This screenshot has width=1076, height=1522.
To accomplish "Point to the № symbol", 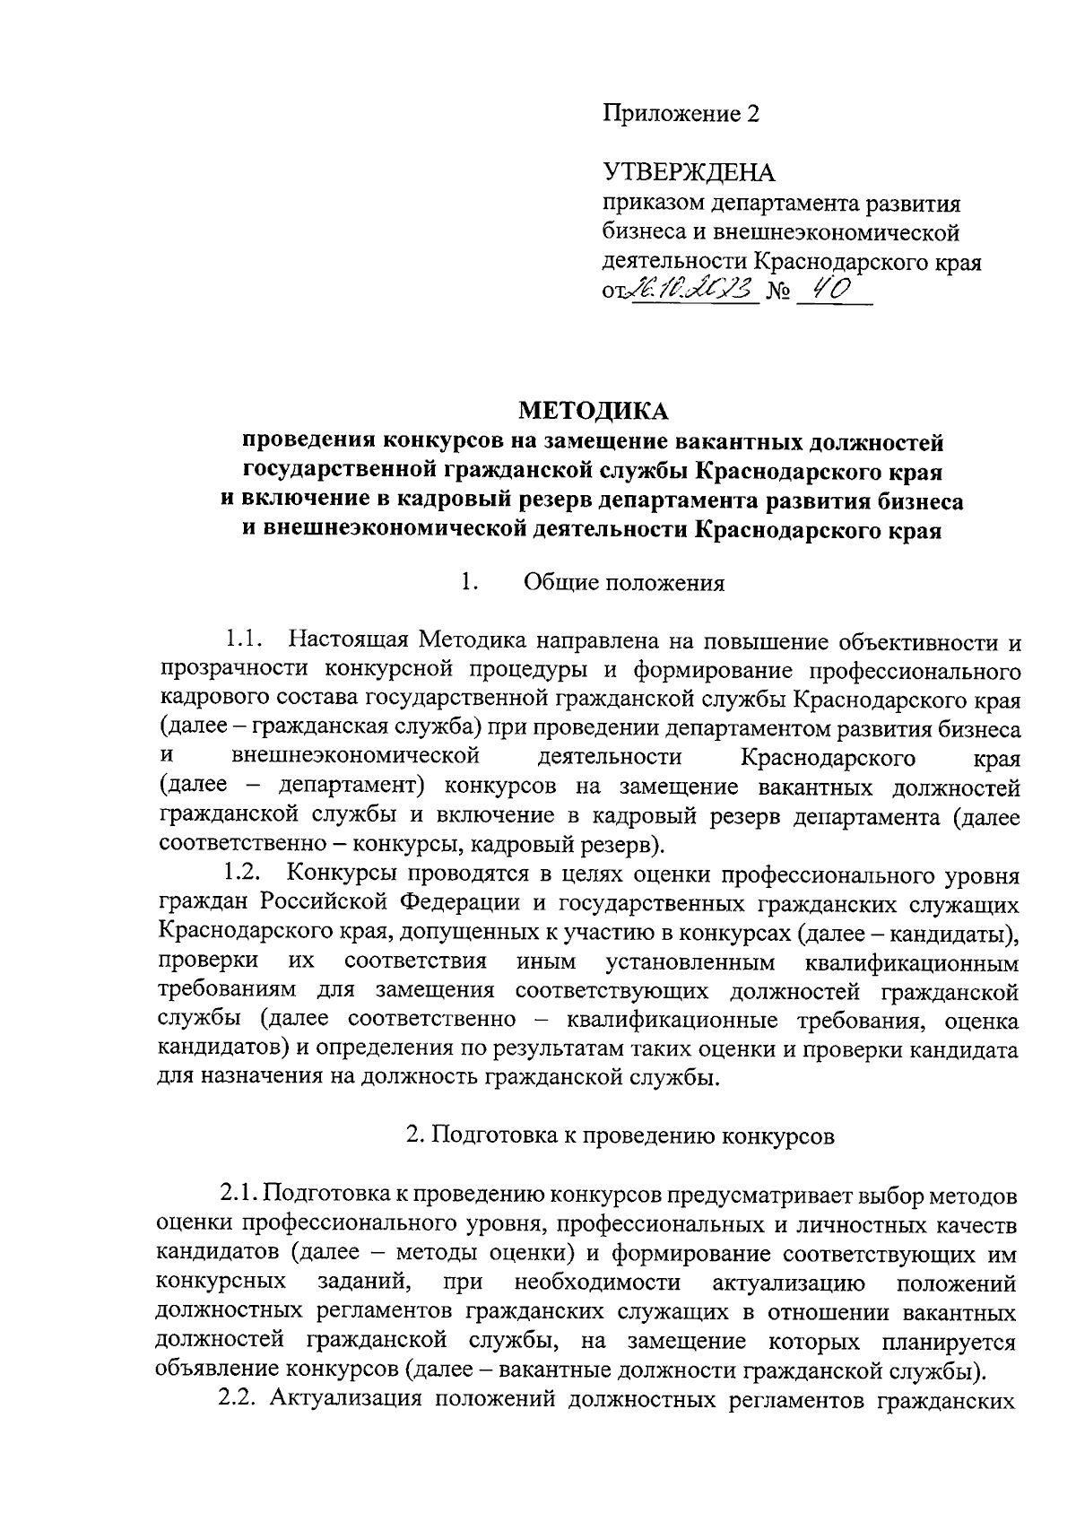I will click(x=777, y=293).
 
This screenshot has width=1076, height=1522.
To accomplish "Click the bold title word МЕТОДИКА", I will click(x=594, y=412).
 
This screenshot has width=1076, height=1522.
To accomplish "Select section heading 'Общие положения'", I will click(x=623, y=584).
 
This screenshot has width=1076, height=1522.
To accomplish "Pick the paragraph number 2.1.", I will click(x=239, y=1196).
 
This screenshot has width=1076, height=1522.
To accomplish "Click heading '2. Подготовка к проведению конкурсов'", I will click(x=620, y=1135).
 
